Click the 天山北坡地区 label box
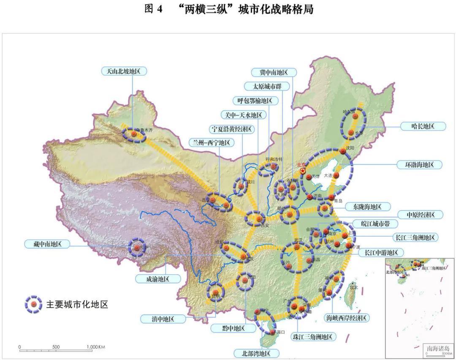pyautogui.click(x=124, y=71)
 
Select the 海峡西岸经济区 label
pyautogui.click(x=346, y=318)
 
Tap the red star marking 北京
pyautogui.click(x=303, y=171)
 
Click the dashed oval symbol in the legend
pyautogui.click(x=33, y=303)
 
